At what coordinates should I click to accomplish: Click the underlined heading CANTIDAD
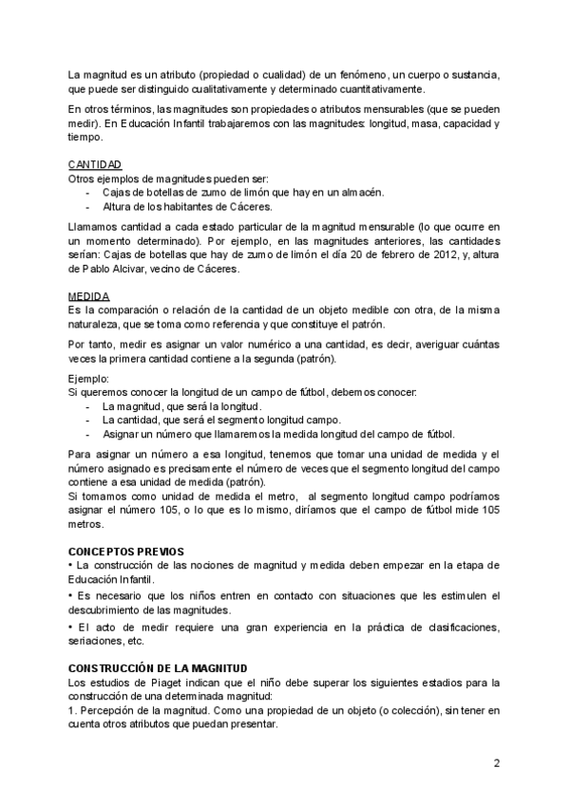[x=94, y=164]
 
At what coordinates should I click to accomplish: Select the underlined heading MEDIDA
[x=89, y=296]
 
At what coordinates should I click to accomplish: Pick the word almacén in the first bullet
[x=361, y=192]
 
